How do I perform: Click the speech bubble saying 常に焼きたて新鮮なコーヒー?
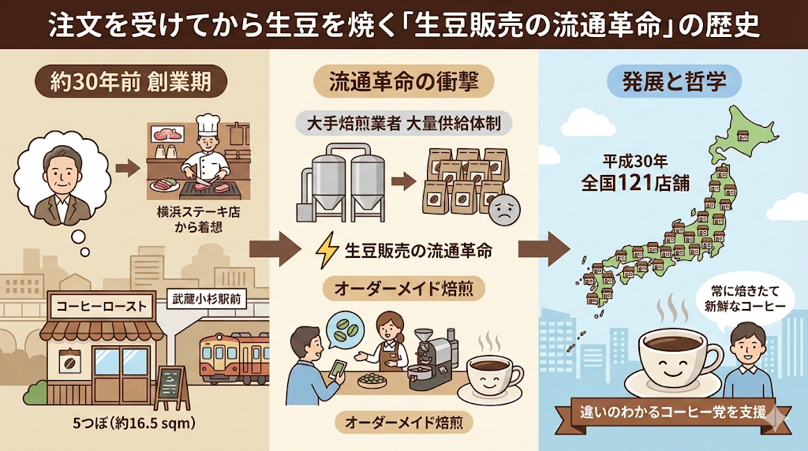[735, 297]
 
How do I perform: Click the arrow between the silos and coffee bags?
[403, 181]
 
